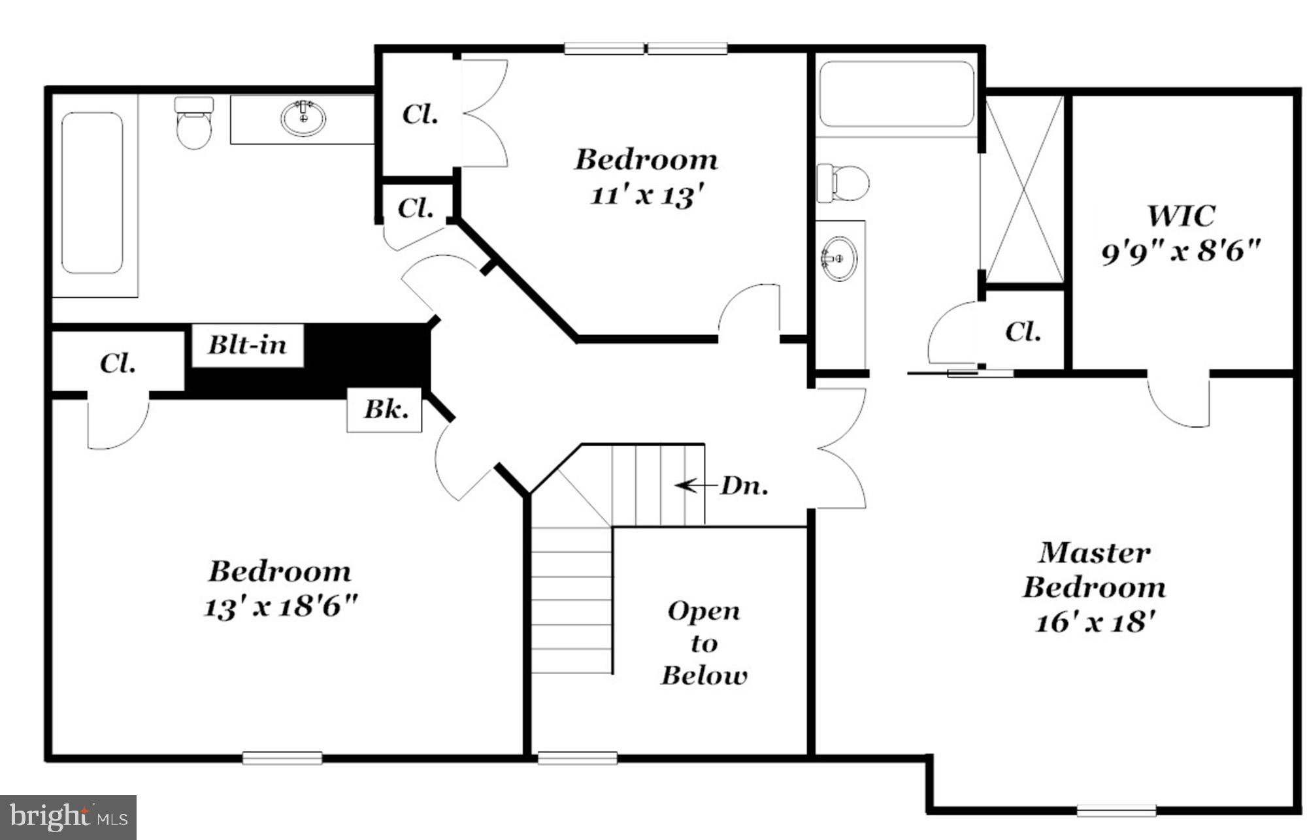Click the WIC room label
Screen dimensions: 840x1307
point(1181,216)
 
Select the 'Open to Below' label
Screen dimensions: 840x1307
point(704,643)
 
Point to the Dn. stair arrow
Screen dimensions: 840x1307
point(695,485)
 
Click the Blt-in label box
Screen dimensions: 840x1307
point(248,345)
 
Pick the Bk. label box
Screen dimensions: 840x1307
point(385,410)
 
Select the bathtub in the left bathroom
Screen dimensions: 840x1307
point(92,193)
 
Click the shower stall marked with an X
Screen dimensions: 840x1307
point(1024,189)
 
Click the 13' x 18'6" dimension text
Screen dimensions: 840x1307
point(281,606)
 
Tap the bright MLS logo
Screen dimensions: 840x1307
point(68,816)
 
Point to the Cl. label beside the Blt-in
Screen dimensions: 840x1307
point(118,363)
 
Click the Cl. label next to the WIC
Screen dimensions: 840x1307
point(1023,332)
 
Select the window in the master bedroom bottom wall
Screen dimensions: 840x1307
point(1116,811)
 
